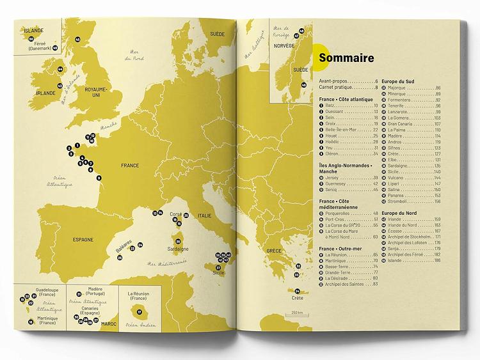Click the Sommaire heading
click(x=346, y=59)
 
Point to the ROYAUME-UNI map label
click(x=97, y=92)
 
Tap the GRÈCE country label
click(x=274, y=251)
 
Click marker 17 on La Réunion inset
click(x=140, y=312)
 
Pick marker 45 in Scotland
click(x=77, y=40)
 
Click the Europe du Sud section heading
click(x=399, y=82)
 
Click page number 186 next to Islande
click(x=438, y=261)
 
